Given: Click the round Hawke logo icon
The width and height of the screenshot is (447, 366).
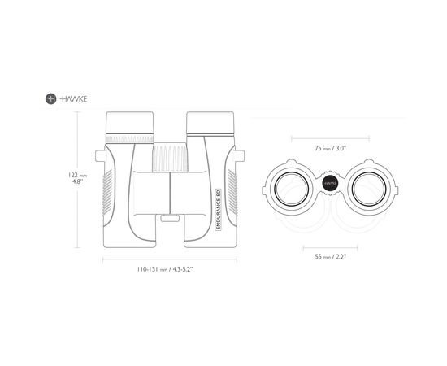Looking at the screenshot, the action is [x=50, y=98].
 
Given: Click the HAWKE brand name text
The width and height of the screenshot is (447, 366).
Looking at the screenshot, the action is [x=73, y=99].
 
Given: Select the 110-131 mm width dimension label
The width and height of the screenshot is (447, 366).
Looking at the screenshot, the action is [x=165, y=269].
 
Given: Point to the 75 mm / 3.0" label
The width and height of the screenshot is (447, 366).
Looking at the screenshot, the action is [x=330, y=148].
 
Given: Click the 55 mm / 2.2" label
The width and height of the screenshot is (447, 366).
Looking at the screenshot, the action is [x=330, y=256].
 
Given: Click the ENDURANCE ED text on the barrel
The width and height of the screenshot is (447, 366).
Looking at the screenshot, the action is [x=218, y=210].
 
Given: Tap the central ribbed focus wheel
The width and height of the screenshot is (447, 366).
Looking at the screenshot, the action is [x=170, y=158].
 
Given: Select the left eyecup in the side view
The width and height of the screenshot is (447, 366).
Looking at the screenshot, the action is [x=130, y=123].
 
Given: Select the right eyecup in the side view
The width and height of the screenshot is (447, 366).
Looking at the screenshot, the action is [x=210, y=123].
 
